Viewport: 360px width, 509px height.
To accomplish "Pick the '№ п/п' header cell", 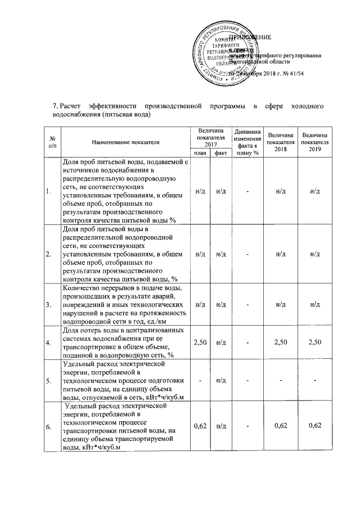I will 52,143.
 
